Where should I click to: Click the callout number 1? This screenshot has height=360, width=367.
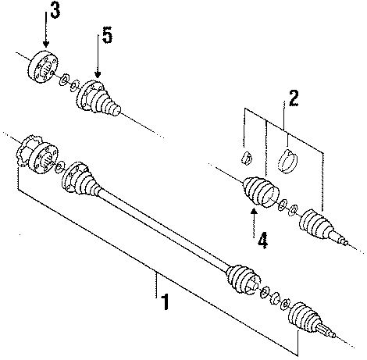point(164,301)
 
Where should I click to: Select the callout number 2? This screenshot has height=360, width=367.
point(293,99)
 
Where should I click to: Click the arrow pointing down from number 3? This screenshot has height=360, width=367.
point(47,35)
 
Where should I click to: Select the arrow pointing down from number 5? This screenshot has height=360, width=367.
point(98,62)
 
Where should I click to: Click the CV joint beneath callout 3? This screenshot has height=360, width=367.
point(45,65)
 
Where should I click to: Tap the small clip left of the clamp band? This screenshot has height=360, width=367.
point(245,157)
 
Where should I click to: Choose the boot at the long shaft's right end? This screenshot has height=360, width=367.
point(241,280)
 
